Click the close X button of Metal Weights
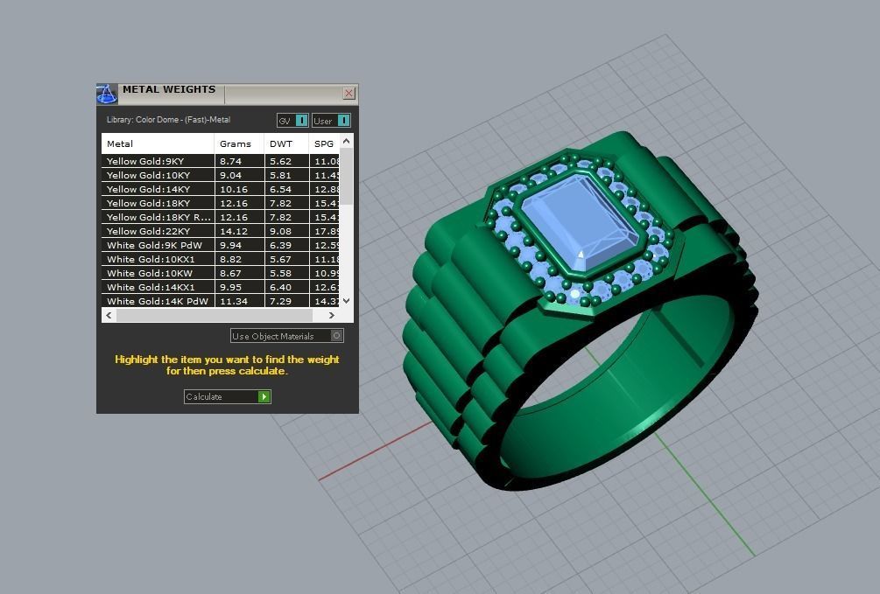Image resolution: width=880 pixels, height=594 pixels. (348, 93)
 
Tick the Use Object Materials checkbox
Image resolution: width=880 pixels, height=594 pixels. (336, 336)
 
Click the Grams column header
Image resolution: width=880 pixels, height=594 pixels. (236, 143)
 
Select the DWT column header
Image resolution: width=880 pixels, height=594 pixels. (281, 143)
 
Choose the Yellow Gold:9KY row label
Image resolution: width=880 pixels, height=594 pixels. (145, 161)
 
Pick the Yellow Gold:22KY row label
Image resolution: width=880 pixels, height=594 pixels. (148, 231)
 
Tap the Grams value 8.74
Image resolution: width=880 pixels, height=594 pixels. (231, 161)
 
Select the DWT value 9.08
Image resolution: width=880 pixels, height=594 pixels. (280, 231)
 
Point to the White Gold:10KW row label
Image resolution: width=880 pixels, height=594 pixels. (150, 273)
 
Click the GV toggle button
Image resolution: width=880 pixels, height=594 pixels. (292, 121)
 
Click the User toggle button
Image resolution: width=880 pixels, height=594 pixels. (331, 121)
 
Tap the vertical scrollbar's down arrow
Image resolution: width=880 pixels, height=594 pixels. (346, 300)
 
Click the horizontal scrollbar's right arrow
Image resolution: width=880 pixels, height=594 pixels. (331, 315)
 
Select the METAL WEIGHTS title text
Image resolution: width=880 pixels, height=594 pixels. (169, 89)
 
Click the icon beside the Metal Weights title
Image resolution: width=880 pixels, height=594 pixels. (107, 94)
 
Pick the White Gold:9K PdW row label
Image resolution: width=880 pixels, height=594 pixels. (154, 245)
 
